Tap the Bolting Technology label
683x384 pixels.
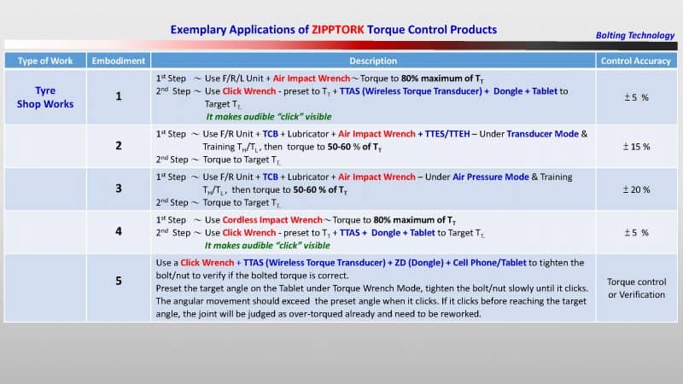[x=633, y=35]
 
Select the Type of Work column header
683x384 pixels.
[x=45, y=61]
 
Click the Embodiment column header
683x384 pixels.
[x=118, y=61]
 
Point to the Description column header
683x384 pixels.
[x=373, y=61]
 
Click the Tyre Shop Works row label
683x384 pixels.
[x=45, y=96]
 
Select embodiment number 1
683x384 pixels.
[x=118, y=96]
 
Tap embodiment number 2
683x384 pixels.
[x=118, y=146]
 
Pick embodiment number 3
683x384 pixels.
[x=118, y=189]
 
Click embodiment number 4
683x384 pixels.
[x=118, y=231]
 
